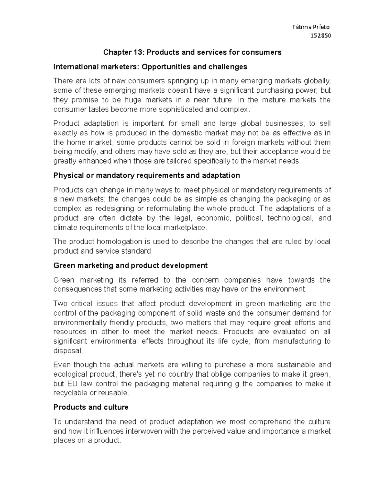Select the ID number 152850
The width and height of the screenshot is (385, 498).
[x=321, y=36]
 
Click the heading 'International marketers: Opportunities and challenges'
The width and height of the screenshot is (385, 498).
[x=150, y=67]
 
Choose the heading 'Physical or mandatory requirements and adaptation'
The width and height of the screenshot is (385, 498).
[x=147, y=175]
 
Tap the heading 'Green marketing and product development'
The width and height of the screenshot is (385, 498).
[x=130, y=266]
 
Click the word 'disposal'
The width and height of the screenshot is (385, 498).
[x=68, y=350]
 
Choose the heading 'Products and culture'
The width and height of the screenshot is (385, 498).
[x=91, y=407]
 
